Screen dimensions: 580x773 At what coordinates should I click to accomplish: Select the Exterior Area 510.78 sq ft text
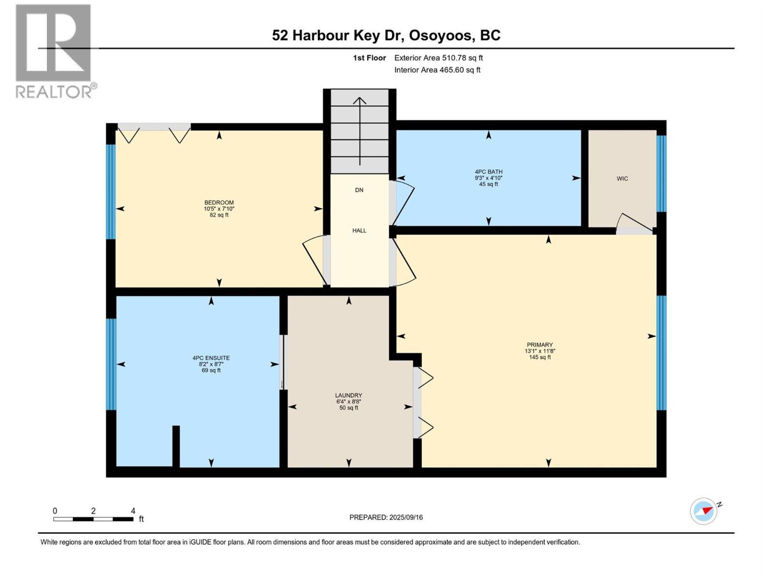click(x=438, y=58)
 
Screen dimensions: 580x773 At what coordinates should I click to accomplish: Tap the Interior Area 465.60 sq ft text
click(x=437, y=70)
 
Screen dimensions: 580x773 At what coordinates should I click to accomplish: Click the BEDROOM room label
click(x=219, y=203)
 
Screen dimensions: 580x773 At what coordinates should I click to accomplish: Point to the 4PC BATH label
click(x=488, y=172)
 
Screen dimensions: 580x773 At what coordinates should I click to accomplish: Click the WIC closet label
click(x=622, y=179)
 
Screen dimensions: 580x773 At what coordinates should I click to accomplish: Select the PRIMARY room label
click(x=540, y=345)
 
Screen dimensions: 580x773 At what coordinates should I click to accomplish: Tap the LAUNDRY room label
click(x=349, y=395)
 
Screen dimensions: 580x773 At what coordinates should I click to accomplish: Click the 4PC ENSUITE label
click(x=211, y=358)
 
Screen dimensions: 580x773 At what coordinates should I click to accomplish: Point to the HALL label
click(x=359, y=231)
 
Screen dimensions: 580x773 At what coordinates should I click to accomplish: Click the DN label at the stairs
click(x=359, y=190)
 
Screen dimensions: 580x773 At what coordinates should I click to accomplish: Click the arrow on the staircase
click(x=359, y=126)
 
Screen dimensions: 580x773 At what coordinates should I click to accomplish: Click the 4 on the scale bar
click(x=133, y=511)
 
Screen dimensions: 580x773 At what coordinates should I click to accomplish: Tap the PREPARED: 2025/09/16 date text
click(x=386, y=517)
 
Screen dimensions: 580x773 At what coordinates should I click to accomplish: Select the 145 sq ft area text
click(x=540, y=357)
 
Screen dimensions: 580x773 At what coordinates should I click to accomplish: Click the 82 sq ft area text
click(x=219, y=215)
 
